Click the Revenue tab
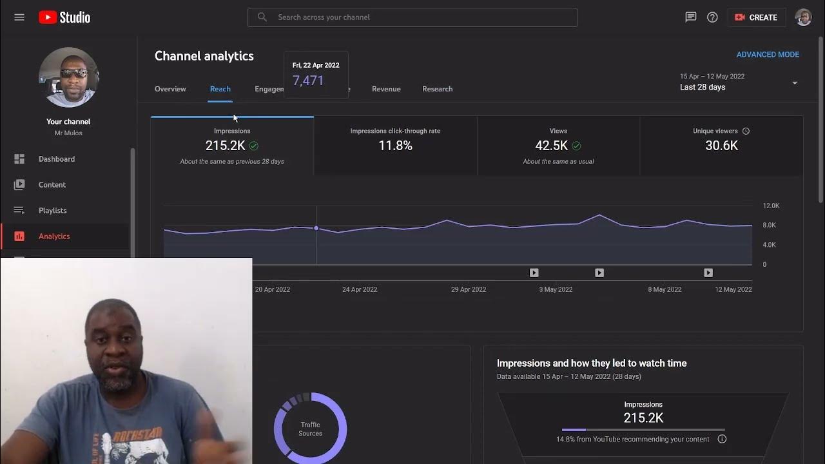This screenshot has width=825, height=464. [386, 89]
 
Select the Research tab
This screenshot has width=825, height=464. [437, 89]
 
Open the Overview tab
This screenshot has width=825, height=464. [170, 89]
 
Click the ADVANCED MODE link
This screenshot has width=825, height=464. [768, 55]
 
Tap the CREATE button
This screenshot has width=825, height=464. [756, 17]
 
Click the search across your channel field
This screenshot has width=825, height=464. [412, 17]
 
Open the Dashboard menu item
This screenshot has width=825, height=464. [57, 159]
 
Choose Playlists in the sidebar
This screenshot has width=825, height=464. [52, 211]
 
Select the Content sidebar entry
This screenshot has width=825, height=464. [52, 185]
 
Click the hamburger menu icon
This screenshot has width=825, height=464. [19, 17]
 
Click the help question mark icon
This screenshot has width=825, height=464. [712, 17]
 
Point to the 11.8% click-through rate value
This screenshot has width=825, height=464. [395, 146]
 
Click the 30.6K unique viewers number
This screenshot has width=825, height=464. [721, 146]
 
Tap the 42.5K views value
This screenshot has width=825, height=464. [551, 146]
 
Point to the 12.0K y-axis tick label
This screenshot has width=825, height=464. [771, 206]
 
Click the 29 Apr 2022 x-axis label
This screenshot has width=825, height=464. [469, 289]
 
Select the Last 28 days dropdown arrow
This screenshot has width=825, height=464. [795, 83]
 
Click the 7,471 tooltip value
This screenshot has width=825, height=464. [308, 81]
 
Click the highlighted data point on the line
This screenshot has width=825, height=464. [316, 228]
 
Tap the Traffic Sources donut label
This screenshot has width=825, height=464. [310, 429]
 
